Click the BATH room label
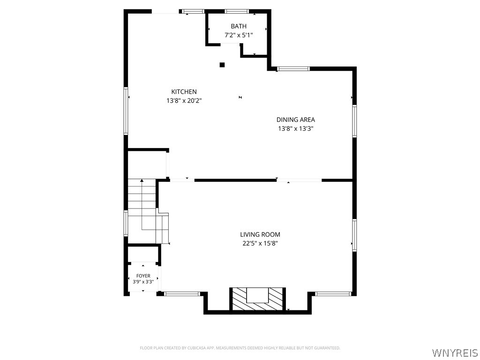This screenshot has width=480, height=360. click(x=239, y=26)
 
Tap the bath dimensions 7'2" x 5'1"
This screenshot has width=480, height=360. click(x=239, y=35)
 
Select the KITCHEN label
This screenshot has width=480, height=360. click(x=184, y=91)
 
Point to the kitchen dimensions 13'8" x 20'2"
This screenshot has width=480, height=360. click(x=184, y=100)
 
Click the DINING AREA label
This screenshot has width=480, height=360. click(x=296, y=120)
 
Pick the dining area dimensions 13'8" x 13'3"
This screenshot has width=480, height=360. click(x=296, y=128)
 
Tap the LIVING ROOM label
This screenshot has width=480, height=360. click(x=260, y=234)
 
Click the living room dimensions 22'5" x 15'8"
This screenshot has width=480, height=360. click(x=260, y=243)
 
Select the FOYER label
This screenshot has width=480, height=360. click(x=143, y=276)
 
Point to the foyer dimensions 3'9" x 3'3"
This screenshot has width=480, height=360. click(x=143, y=282)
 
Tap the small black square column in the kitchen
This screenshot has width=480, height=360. click(x=222, y=65)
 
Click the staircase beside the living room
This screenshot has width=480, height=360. click(x=148, y=211)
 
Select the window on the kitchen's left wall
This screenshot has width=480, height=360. click(x=126, y=111)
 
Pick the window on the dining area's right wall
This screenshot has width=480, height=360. click(x=354, y=121)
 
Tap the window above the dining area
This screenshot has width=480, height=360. click(x=293, y=69)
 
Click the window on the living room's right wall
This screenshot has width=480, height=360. click(x=354, y=235)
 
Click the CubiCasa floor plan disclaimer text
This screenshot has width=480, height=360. click(x=240, y=348)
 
